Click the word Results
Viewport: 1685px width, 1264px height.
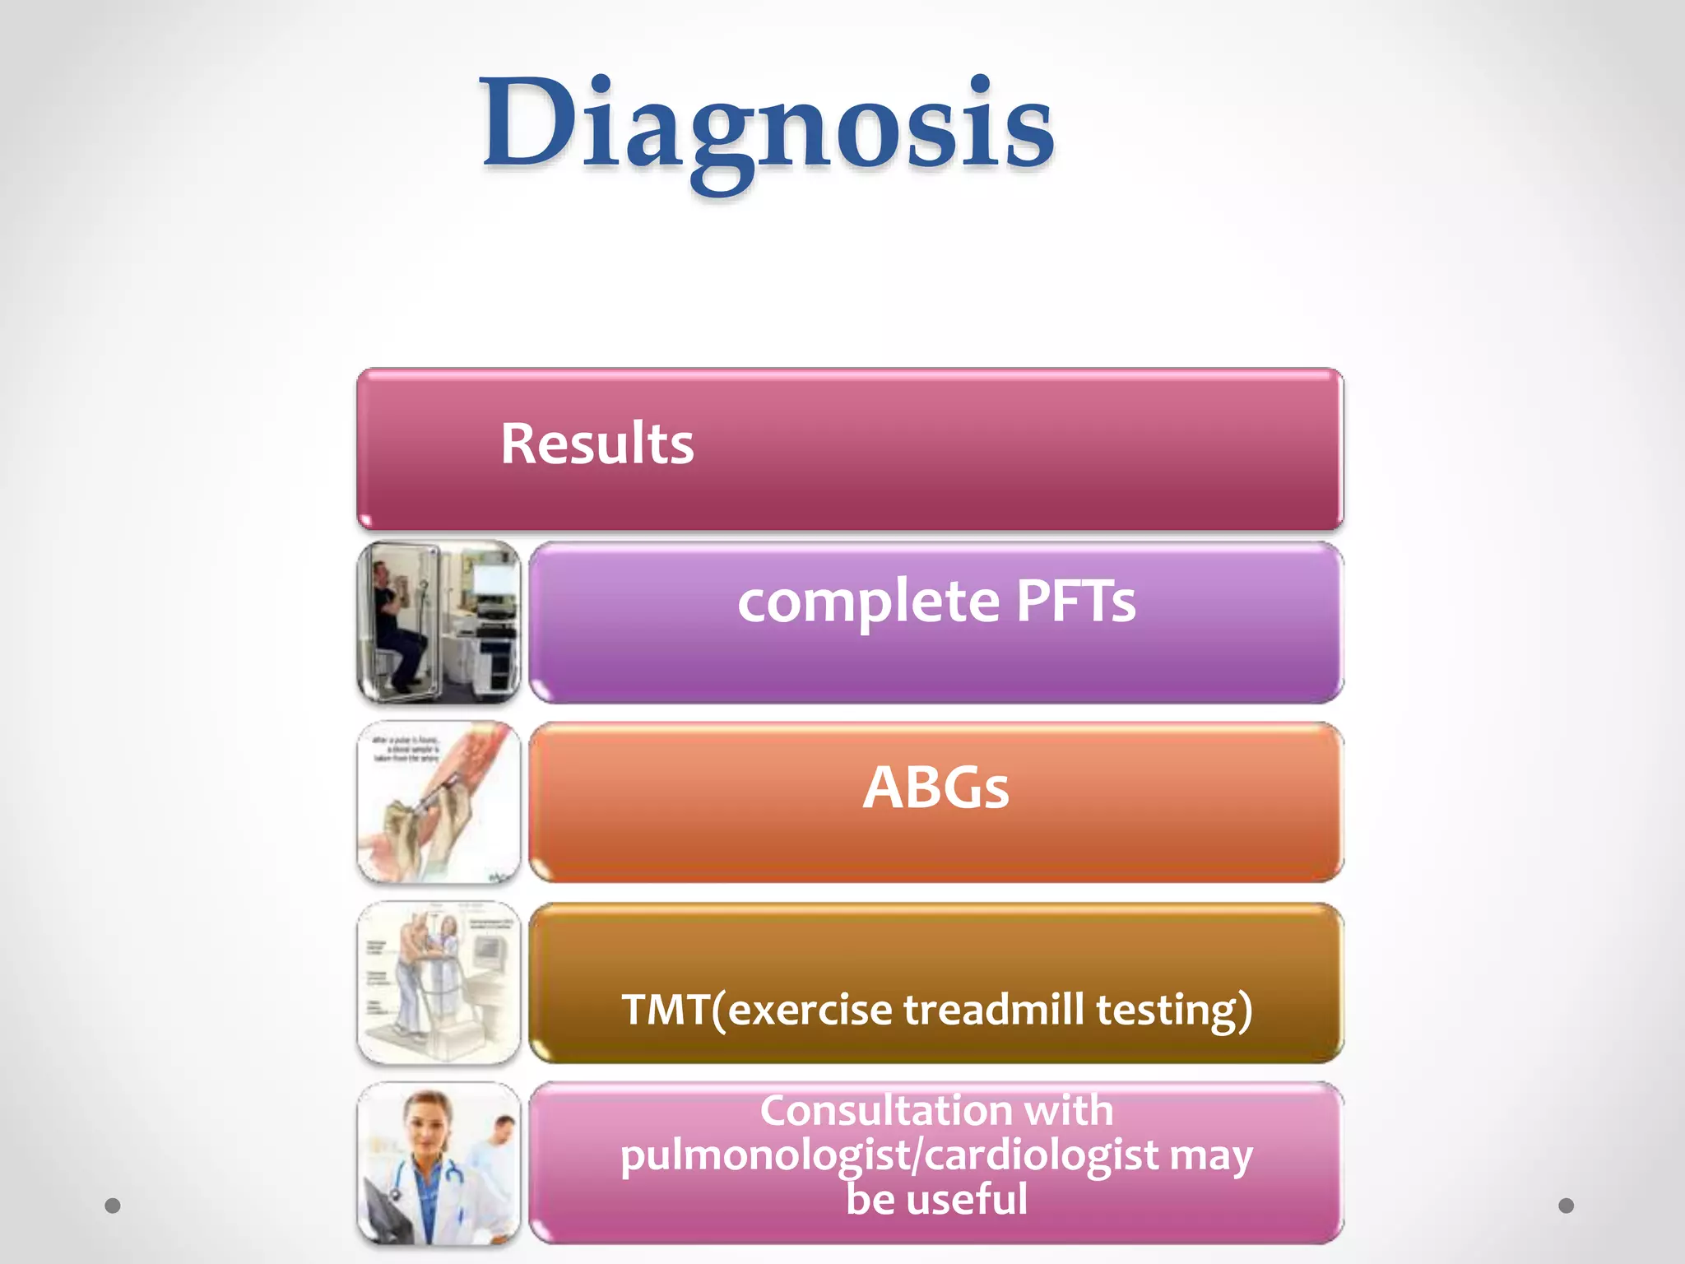pos(596,444)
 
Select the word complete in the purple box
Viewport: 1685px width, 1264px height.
pos(867,602)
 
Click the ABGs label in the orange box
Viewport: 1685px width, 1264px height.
pos(935,788)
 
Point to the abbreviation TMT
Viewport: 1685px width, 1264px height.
pos(665,1010)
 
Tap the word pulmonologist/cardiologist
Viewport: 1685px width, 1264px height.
pos(889,1155)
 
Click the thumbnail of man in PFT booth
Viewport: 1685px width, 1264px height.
pos(439,622)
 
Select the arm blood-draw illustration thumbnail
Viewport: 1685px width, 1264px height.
pos(439,802)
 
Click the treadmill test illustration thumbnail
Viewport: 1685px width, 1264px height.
pos(439,983)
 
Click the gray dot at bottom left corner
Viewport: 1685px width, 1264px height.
pos(113,1206)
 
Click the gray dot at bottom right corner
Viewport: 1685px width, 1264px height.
pos(1566,1206)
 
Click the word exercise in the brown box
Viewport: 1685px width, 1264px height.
pos(810,1010)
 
